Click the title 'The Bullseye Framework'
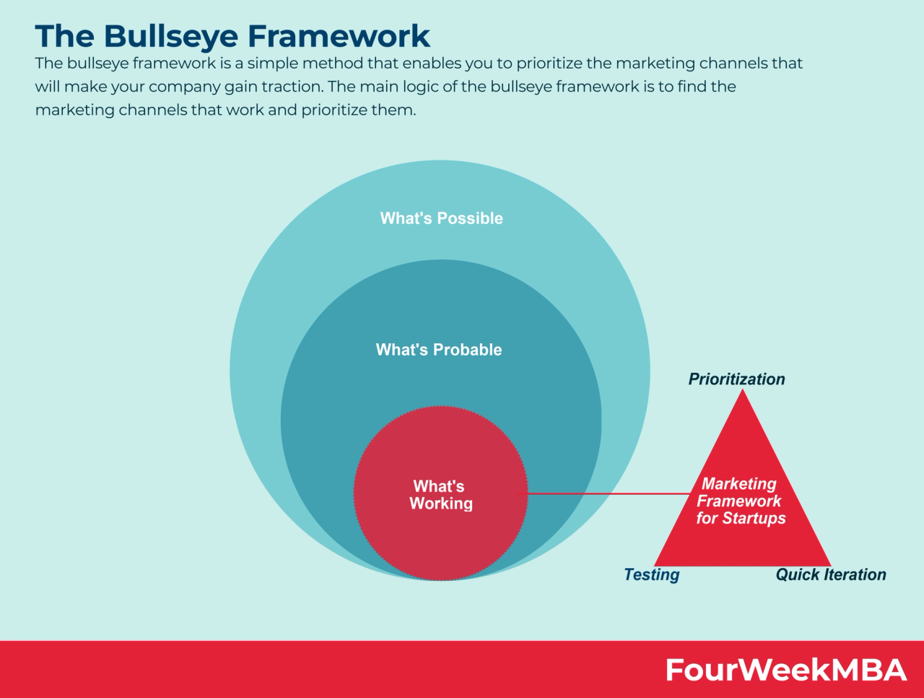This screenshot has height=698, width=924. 232,36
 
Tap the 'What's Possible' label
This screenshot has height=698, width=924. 441,218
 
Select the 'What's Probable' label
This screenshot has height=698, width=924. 439,350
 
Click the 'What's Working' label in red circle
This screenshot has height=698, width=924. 440,495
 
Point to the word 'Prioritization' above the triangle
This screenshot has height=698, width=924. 736,379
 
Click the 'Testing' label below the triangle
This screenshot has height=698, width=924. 651,574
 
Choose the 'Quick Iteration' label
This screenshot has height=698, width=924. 830,574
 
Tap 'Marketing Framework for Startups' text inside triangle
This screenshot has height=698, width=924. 740,501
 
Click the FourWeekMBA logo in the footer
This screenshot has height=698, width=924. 785,670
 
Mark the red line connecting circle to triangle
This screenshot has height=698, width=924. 606,494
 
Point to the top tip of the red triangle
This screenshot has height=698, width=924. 742,392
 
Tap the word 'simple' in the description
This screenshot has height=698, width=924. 271,64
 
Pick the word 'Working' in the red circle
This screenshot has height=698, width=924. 440,504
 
